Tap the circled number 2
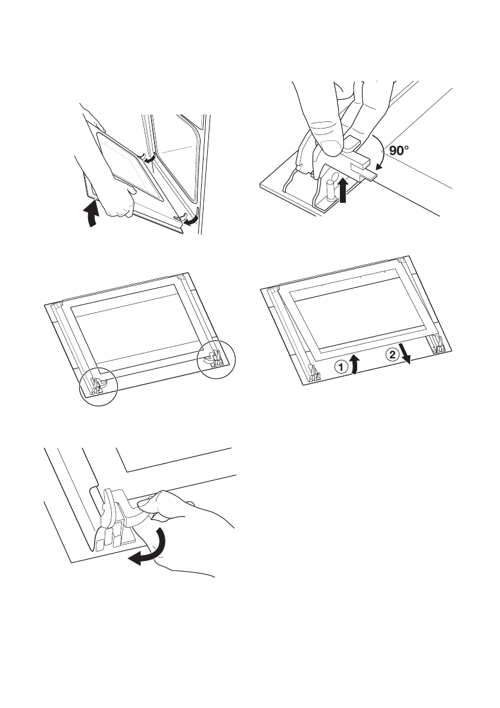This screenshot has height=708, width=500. pos(392,356)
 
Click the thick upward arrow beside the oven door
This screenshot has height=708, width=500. pos(92,214)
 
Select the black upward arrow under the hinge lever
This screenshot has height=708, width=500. pos(344,191)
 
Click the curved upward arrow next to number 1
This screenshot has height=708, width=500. pos(356,364)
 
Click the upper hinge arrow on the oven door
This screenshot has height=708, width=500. pos(149,158)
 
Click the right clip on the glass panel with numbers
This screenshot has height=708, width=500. pos(437,344)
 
